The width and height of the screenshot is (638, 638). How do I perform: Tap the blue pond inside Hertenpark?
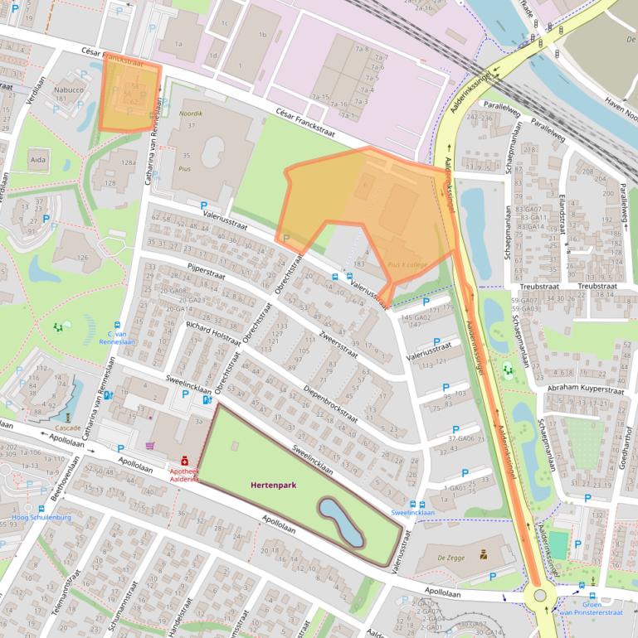[x=341, y=522]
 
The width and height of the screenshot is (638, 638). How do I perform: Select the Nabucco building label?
[x=69, y=89]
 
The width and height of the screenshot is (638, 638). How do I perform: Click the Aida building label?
[x=38, y=158]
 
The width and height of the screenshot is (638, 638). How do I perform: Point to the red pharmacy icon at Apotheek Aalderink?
[x=184, y=461]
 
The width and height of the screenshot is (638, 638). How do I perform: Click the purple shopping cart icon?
[x=150, y=446]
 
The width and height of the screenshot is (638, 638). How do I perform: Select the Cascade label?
[x=68, y=428]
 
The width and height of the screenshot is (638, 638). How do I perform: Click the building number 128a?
[x=128, y=162]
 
